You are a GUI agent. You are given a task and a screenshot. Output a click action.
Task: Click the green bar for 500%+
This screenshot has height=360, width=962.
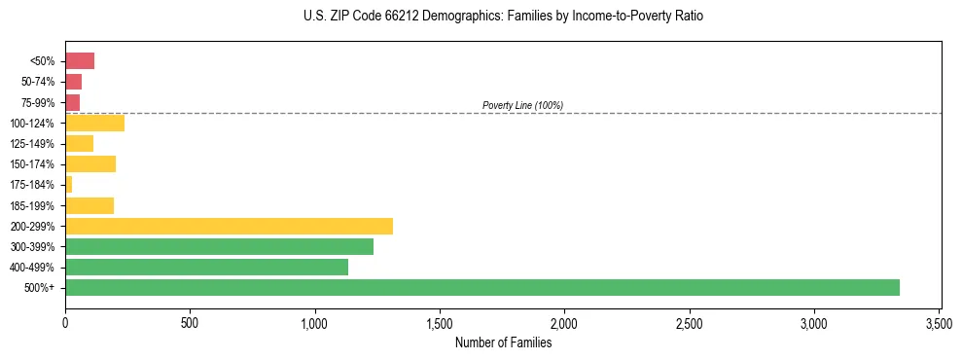(x=481, y=287)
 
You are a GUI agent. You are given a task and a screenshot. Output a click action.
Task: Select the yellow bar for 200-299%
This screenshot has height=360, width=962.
(x=229, y=226)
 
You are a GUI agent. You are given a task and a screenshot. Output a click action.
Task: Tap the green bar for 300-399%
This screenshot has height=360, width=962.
(x=219, y=246)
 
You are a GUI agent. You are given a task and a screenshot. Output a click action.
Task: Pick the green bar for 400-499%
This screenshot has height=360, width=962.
(x=206, y=267)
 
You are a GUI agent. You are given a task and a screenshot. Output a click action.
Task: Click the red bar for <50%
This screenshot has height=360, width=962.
(x=80, y=61)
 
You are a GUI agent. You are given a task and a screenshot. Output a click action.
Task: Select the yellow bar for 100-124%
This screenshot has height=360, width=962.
(x=94, y=123)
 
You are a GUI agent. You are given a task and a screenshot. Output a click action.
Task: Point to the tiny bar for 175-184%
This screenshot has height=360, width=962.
(x=69, y=184)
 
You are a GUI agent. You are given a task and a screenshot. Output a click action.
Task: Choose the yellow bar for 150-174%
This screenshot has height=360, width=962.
(x=90, y=163)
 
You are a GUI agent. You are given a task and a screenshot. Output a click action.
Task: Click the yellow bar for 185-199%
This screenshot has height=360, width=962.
(x=89, y=205)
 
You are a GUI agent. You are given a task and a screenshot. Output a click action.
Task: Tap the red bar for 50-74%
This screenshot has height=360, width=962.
(x=73, y=82)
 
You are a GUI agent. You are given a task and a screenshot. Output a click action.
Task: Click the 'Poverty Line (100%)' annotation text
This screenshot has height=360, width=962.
(x=522, y=105)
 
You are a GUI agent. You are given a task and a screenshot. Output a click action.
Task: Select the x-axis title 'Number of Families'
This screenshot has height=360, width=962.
(x=503, y=342)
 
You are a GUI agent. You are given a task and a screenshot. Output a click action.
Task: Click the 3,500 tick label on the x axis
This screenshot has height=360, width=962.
(x=939, y=323)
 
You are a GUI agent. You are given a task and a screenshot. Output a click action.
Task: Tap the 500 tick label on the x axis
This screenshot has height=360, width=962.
(x=190, y=323)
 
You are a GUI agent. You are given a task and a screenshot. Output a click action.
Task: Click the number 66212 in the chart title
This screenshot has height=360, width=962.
(x=386, y=17)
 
